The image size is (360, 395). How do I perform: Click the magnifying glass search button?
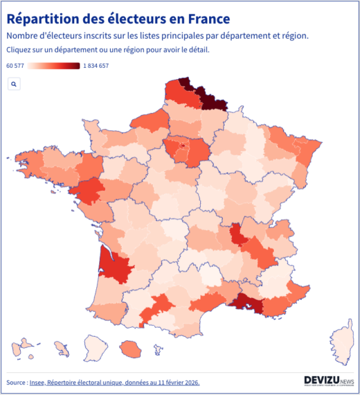pyautogui.click(x=14, y=84)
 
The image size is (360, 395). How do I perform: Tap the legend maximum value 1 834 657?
pyautogui.click(x=96, y=66)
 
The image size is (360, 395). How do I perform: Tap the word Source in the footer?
pyautogui.click(x=16, y=382)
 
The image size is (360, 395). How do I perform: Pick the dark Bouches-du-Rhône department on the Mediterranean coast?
pyautogui.click(x=246, y=303)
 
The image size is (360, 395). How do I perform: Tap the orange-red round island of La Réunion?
pyautogui.click(x=129, y=346)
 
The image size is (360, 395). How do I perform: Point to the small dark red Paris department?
pyautogui.click(x=181, y=146)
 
